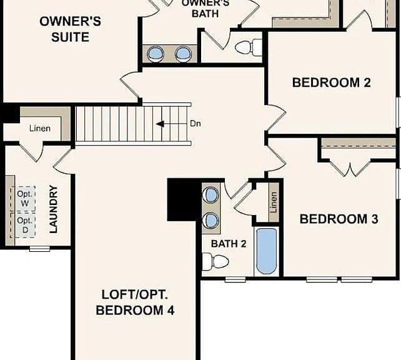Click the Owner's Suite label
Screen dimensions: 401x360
(x=71, y=29)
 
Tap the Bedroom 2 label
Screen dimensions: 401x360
(x=332, y=82)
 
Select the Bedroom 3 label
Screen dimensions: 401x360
(x=339, y=219)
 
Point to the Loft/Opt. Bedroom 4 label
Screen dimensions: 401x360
(x=135, y=302)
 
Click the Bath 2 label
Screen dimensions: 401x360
(x=229, y=244)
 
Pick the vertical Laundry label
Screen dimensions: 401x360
(x=54, y=209)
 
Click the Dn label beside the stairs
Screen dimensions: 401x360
(x=196, y=124)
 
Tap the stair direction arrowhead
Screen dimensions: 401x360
(x=160, y=124)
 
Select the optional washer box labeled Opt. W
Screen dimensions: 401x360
(x=25, y=199)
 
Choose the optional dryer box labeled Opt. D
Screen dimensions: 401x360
(x=25, y=225)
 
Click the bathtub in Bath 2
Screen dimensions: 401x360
(x=267, y=251)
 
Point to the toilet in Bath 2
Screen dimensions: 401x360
(x=215, y=261)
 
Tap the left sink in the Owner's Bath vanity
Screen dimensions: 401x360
(x=156, y=54)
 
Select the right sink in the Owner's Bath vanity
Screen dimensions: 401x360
(x=183, y=54)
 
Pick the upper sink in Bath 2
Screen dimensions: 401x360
(x=210, y=195)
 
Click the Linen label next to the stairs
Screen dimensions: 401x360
(x=39, y=129)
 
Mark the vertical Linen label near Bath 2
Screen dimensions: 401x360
(x=274, y=202)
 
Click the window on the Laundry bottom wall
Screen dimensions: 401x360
(x=39, y=249)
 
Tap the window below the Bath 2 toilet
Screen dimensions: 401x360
(x=235, y=279)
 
